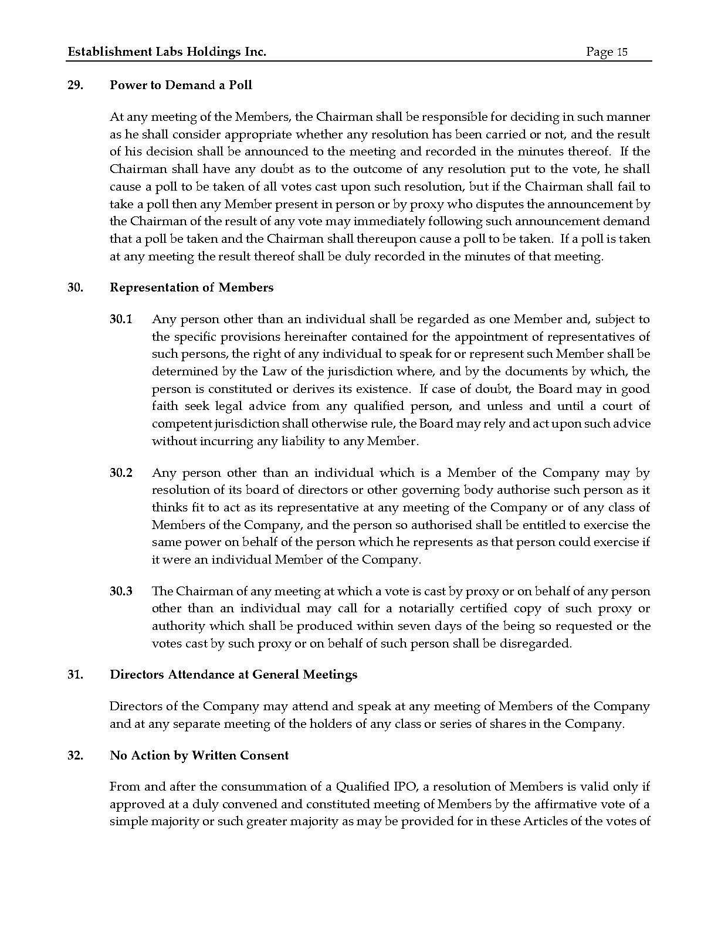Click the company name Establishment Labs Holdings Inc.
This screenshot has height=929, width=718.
[x=167, y=52]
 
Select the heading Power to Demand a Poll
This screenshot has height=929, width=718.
[x=181, y=85]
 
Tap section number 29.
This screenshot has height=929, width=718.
[x=75, y=85]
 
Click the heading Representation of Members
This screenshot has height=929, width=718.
[x=191, y=287]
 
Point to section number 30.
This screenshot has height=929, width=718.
[x=75, y=287]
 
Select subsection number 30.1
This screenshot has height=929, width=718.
[x=121, y=320]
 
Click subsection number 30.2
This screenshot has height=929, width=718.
[x=121, y=473]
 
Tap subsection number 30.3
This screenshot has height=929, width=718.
[x=121, y=591]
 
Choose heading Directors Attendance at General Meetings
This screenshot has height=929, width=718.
[x=233, y=674]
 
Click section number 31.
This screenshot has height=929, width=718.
[x=75, y=674]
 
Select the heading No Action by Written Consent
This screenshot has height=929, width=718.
[x=199, y=755]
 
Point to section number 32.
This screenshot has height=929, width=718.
[x=75, y=755]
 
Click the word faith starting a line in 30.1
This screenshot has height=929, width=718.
[x=165, y=406]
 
